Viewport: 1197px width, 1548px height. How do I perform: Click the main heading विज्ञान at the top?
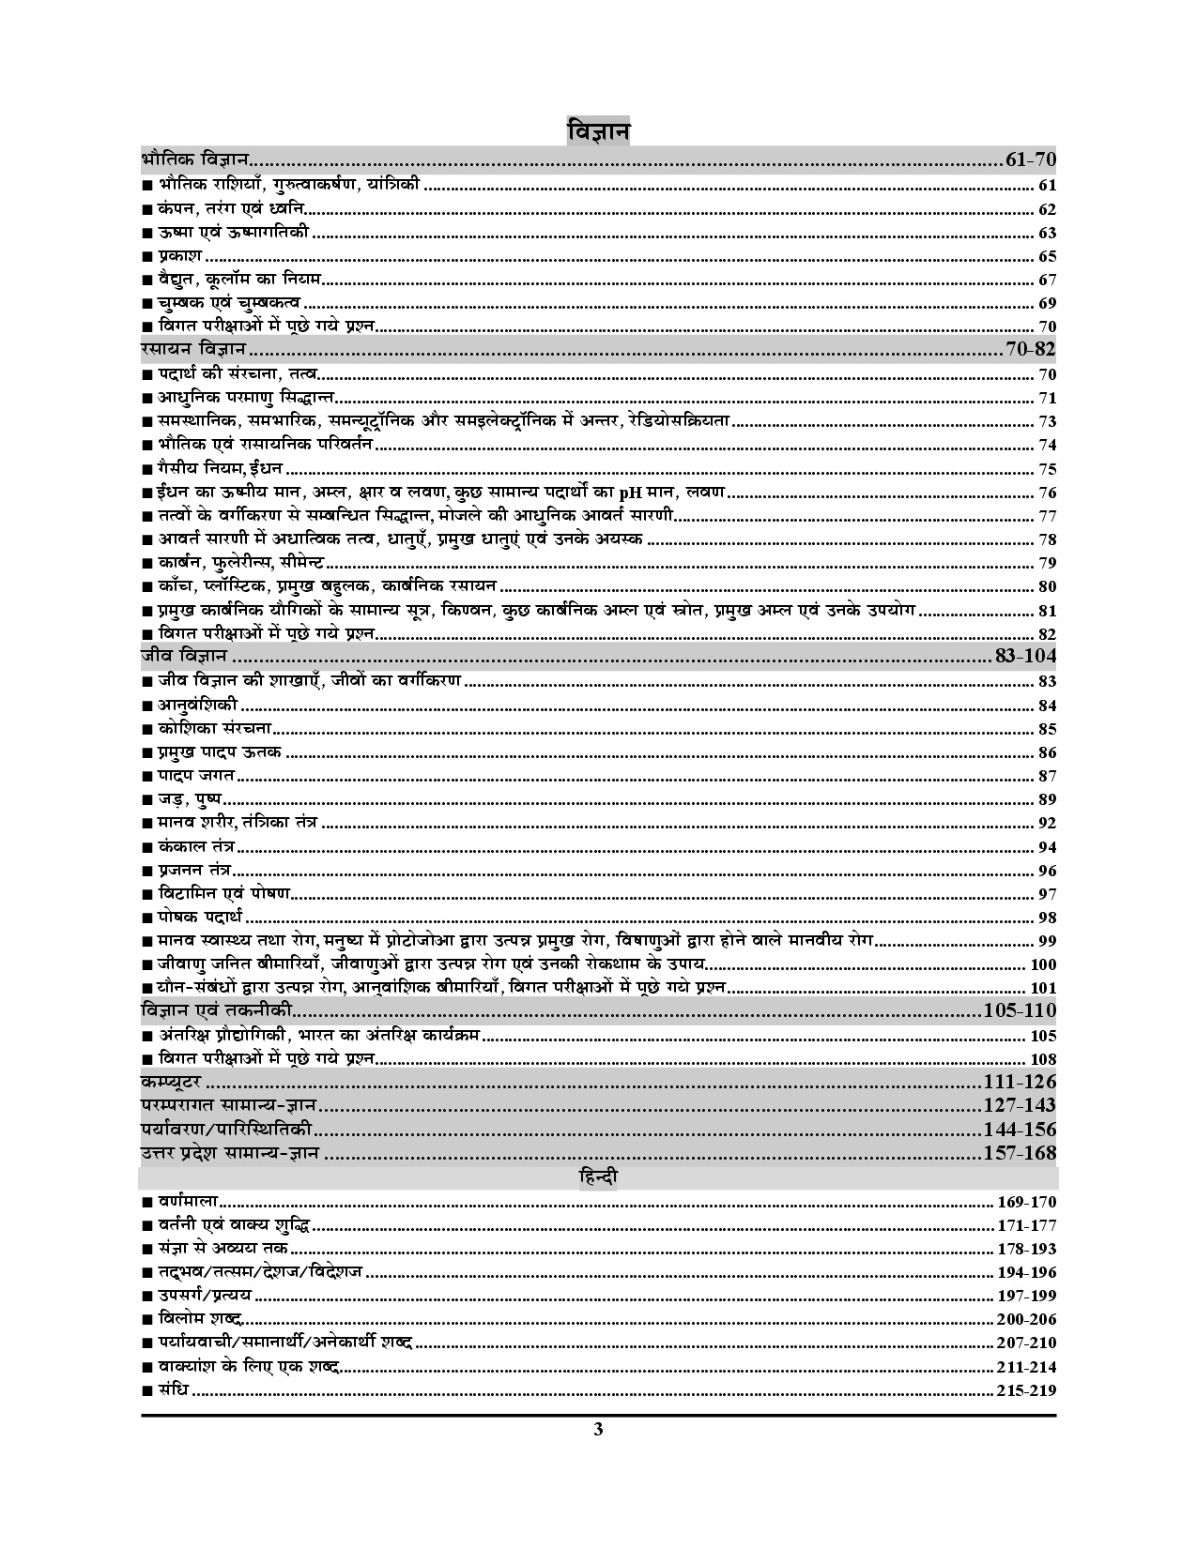[598, 130]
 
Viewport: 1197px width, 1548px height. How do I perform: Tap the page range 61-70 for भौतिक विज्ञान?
[1030, 159]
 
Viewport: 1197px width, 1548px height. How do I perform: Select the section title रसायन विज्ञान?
[192, 350]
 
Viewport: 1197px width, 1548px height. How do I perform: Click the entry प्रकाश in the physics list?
[178, 256]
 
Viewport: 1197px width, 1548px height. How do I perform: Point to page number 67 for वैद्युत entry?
[1047, 280]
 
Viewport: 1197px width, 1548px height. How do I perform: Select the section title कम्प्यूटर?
[169, 1082]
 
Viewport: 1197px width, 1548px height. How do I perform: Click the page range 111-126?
[1019, 1081]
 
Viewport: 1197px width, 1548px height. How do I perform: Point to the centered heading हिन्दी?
[598, 1176]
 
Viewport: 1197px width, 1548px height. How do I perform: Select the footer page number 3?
[598, 1431]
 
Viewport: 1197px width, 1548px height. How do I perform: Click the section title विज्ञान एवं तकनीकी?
[215, 1010]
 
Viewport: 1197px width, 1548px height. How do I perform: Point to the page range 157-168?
[1019, 1153]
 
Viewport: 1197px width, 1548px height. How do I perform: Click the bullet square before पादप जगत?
[146, 777]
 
